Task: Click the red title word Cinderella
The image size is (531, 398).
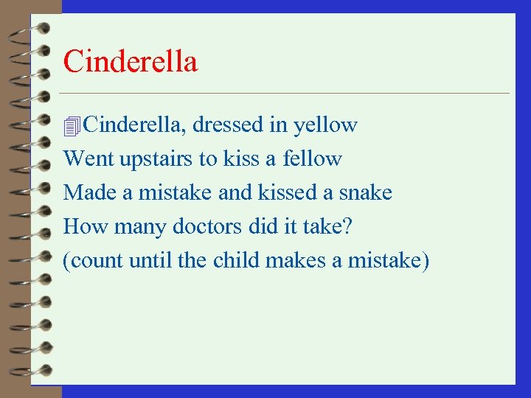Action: [x=131, y=62]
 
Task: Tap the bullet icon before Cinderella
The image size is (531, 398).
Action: [x=72, y=127]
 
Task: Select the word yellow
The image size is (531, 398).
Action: [x=325, y=126]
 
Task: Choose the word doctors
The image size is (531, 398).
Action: [x=206, y=226]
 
